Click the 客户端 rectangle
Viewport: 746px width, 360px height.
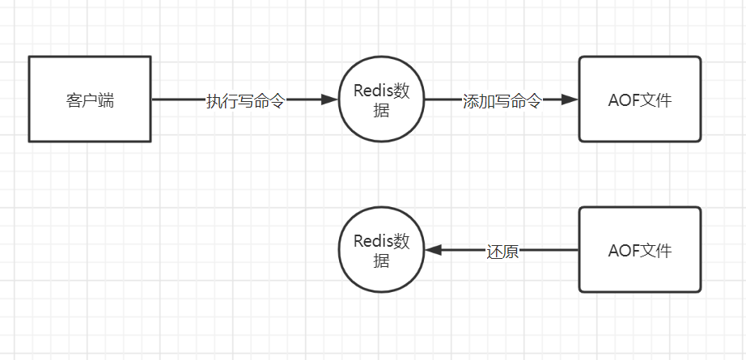pos(90,100)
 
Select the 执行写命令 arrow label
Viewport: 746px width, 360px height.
pos(245,100)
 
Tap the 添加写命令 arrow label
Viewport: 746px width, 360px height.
pos(502,100)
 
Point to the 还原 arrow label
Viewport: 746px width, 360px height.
pos(502,252)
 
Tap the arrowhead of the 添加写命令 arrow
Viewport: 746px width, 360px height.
pos(570,100)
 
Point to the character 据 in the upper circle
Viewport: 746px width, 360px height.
pos(382,111)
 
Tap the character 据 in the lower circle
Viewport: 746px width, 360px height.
pos(382,261)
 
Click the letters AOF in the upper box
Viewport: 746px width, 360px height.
pos(624,100)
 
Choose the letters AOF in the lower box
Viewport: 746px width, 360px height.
pos(624,251)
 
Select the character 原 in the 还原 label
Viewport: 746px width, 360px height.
pos(511,252)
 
